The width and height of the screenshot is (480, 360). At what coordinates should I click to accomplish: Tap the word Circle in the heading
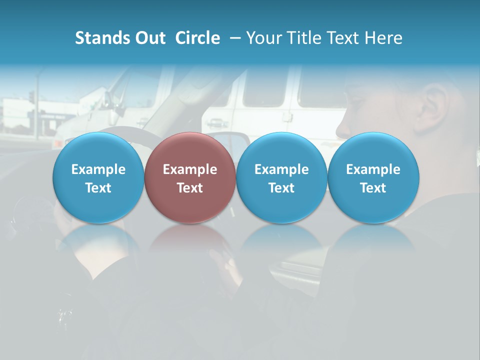tap(197, 38)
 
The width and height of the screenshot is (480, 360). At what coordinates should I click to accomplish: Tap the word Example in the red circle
tap(190, 169)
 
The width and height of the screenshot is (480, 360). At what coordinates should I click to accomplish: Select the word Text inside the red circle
tap(190, 188)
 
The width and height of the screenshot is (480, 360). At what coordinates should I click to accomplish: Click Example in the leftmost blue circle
tap(98, 169)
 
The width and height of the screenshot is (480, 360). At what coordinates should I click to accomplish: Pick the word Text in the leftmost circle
tap(98, 188)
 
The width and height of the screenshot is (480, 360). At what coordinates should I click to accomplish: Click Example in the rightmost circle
tap(373, 169)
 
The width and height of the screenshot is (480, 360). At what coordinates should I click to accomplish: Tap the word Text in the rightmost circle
tap(373, 188)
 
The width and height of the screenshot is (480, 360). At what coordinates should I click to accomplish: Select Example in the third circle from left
tap(281, 169)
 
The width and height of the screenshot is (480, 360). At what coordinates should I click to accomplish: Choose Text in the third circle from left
tap(281, 188)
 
